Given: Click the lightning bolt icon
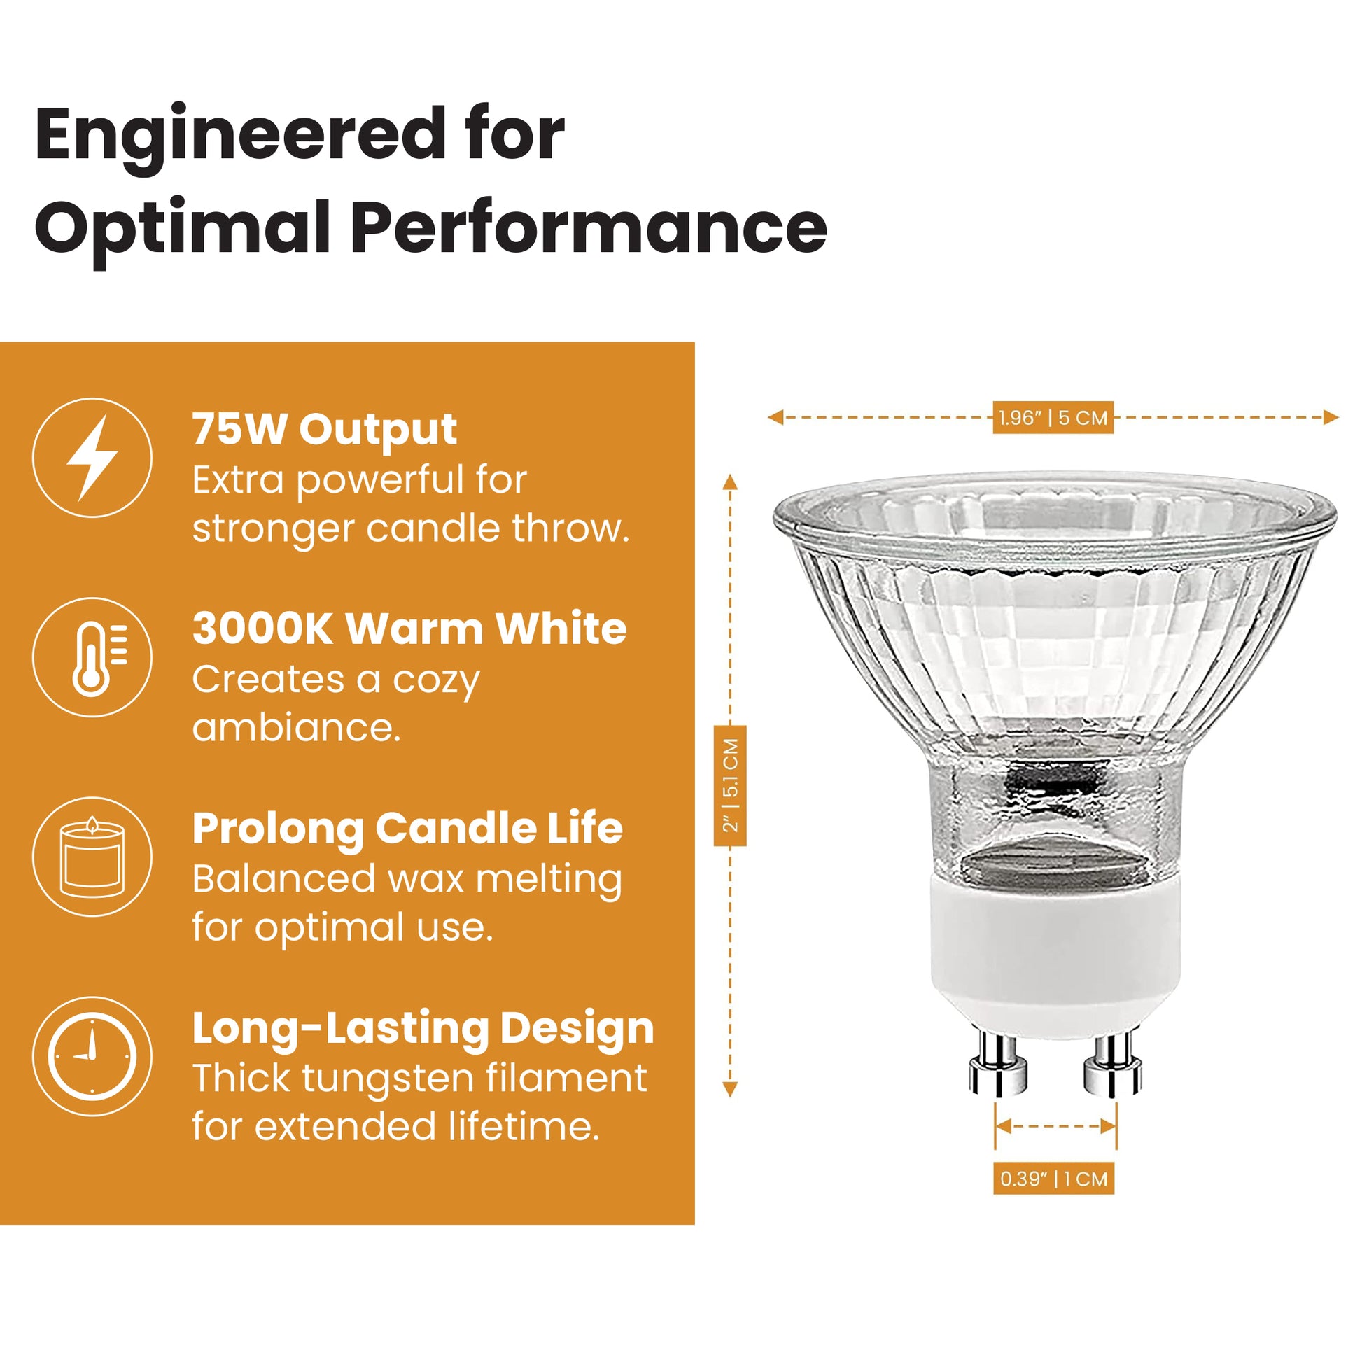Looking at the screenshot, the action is tap(92, 458).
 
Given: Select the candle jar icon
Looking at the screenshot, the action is tap(92, 856).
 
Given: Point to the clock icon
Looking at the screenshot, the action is tap(92, 1056).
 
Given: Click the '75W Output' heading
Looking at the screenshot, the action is tap(324, 430).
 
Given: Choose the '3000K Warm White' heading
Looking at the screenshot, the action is tap(409, 629).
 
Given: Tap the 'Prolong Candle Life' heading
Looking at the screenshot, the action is tap(407, 829).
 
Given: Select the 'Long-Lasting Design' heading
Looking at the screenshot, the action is tap(423, 1029).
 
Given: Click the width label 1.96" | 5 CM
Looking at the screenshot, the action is tap(1053, 418).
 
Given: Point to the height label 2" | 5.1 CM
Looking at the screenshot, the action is tap(731, 785).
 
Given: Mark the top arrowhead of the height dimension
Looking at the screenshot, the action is tap(731, 482).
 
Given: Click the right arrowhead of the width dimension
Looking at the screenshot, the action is tap(1331, 417).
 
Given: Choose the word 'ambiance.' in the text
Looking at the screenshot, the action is tap(296, 726).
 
